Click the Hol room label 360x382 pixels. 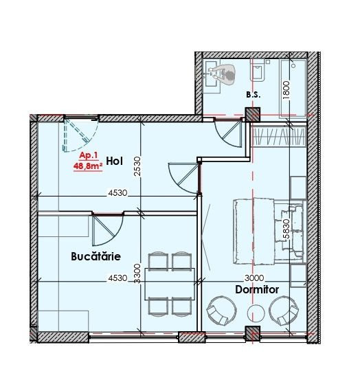click(x=115, y=161)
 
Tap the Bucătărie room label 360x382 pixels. click(x=96, y=256)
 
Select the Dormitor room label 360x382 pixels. click(x=257, y=290)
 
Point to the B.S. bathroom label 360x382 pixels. click(x=254, y=95)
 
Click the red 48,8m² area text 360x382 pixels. click(x=88, y=166)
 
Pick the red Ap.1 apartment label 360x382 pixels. click(x=89, y=155)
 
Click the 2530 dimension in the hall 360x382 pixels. click(x=137, y=166)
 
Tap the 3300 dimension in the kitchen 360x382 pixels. click(x=137, y=273)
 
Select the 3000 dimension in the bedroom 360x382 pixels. click(x=254, y=278)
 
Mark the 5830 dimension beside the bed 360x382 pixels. click(x=286, y=229)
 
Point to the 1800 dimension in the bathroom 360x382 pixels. click(x=286, y=89)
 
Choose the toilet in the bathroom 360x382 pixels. click(x=258, y=70)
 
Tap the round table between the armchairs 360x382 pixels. click(x=256, y=313)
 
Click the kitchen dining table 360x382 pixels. click(x=170, y=284)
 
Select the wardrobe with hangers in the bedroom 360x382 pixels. click(x=279, y=137)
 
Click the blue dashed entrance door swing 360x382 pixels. click(x=81, y=135)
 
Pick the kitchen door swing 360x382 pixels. click(x=108, y=230)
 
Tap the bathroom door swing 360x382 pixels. click(x=228, y=133)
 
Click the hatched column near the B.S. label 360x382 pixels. click(x=253, y=115)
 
